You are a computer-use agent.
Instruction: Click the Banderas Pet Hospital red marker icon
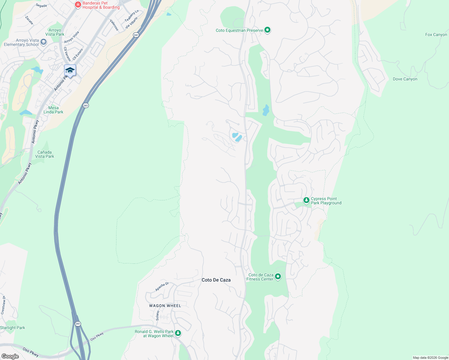[78, 4]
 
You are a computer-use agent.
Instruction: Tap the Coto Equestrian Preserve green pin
[267, 30]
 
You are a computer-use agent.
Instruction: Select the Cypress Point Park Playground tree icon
[306, 200]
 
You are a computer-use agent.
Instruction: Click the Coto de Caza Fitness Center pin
[278, 276]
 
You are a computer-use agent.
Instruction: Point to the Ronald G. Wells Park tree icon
[178, 333]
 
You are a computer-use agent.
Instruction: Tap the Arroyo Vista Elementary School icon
[44, 42]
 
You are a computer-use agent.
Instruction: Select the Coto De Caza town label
[216, 280]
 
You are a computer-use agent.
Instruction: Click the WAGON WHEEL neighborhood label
[165, 306]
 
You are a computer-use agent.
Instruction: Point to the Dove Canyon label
[405, 79]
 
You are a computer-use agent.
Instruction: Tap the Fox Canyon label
[436, 35]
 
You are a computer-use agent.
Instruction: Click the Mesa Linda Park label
[53, 110]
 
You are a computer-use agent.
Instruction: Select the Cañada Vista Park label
[45, 154]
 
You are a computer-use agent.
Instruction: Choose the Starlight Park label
[13, 328]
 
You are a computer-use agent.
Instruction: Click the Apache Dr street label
[162, 286]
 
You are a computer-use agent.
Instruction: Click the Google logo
[10, 356]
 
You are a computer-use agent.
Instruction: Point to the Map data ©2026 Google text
[430, 358]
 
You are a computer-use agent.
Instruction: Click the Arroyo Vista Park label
[55, 32]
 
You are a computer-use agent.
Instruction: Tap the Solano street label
[158, 316]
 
